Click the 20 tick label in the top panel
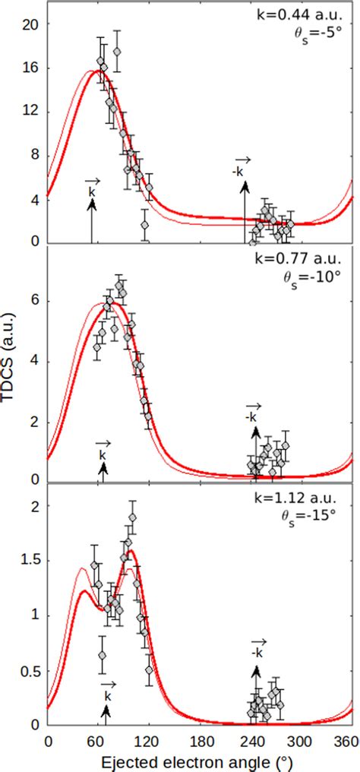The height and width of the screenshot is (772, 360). (x=31, y=24)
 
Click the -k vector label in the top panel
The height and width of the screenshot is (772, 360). (x=239, y=171)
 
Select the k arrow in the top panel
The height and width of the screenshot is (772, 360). (x=92, y=220)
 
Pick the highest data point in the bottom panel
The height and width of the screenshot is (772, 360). (x=133, y=518)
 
